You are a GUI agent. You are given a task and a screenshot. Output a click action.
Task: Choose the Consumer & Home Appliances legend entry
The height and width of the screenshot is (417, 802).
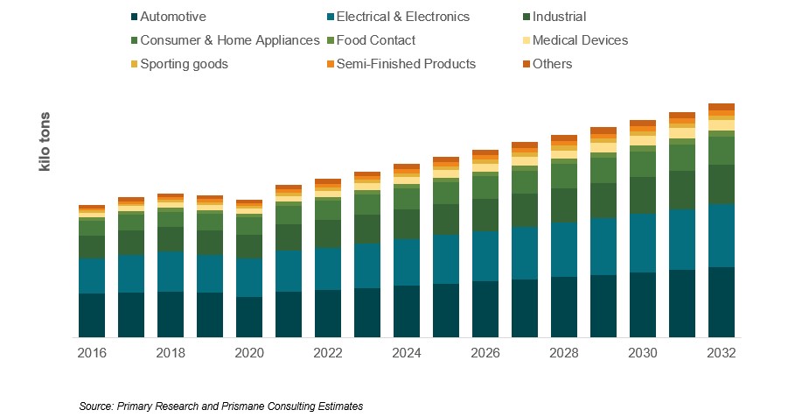[x=230, y=40]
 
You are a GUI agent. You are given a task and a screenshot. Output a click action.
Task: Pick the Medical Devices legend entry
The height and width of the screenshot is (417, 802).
[x=579, y=40]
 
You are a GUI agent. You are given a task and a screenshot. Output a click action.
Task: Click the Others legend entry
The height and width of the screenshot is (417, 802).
[x=552, y=64]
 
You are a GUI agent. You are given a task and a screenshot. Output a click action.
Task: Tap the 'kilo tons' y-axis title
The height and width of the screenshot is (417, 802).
[x=45, y=142]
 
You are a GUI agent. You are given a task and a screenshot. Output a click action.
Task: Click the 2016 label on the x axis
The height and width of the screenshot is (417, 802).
[x=92, y=353]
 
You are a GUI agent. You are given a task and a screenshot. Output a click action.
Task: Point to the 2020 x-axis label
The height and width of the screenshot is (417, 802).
[x=249, y=353]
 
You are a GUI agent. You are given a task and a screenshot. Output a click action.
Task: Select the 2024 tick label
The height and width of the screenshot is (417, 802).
[x=407, y=353]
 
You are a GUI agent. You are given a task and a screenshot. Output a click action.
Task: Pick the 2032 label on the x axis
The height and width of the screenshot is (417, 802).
[x=722, y=353]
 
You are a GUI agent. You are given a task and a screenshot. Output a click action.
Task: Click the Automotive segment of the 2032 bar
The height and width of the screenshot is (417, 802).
[x=722, y=302]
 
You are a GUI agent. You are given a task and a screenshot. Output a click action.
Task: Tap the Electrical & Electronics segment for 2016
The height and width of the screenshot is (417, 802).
[x=92, y=276]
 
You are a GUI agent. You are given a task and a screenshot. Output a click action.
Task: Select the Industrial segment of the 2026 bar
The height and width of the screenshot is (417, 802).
[x=485, y=215]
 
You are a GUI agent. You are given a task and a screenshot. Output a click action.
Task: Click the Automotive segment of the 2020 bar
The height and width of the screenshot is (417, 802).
[x=249, y=317]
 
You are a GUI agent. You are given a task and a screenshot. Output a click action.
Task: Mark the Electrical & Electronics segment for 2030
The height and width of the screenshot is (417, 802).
[x=643, y=243]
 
